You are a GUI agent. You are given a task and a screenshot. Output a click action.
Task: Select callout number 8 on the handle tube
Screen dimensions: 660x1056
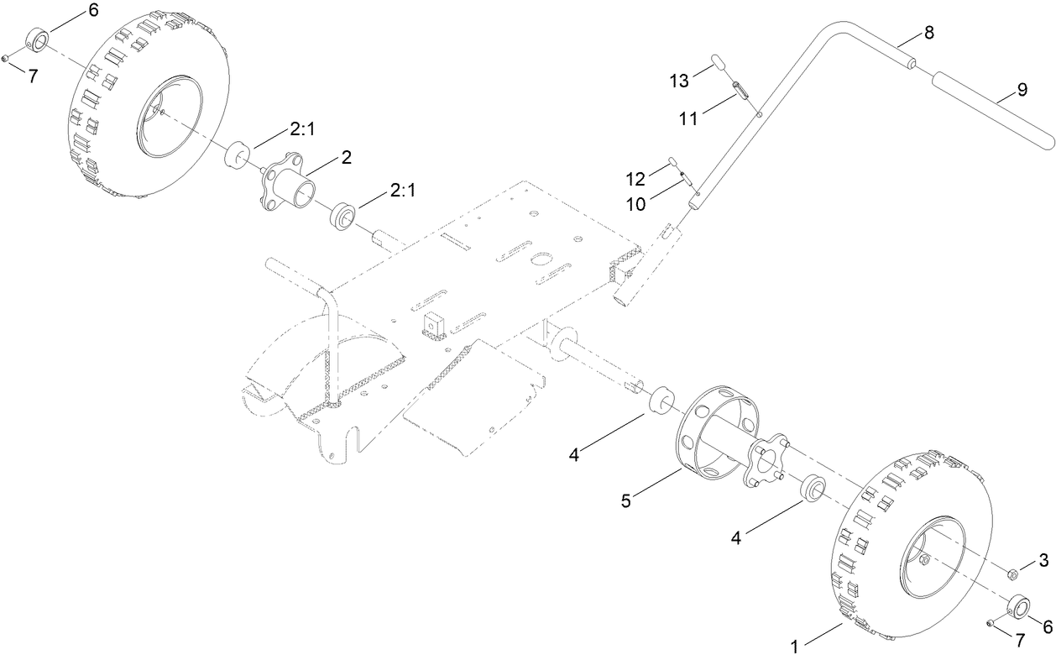[928, 32]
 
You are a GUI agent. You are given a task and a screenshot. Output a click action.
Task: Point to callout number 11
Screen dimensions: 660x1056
[688, 119]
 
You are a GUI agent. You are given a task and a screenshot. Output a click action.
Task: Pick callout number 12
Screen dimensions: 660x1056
[635, 178]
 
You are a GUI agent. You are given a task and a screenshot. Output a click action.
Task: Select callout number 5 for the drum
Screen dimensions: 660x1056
[625, 500]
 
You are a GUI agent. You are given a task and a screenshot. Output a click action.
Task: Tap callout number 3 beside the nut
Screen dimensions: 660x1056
[1043, 559]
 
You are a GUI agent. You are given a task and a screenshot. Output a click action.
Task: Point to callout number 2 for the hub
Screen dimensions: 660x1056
[346, 156]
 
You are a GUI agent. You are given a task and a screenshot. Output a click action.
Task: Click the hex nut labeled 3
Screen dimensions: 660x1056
[1013, 574]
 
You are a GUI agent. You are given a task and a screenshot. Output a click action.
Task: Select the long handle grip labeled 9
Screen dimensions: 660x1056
[991, 105]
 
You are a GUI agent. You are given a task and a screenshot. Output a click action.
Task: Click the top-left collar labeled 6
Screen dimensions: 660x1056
[38, 39]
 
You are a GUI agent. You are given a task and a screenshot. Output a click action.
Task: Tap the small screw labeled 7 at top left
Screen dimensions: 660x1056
[6, 57]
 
